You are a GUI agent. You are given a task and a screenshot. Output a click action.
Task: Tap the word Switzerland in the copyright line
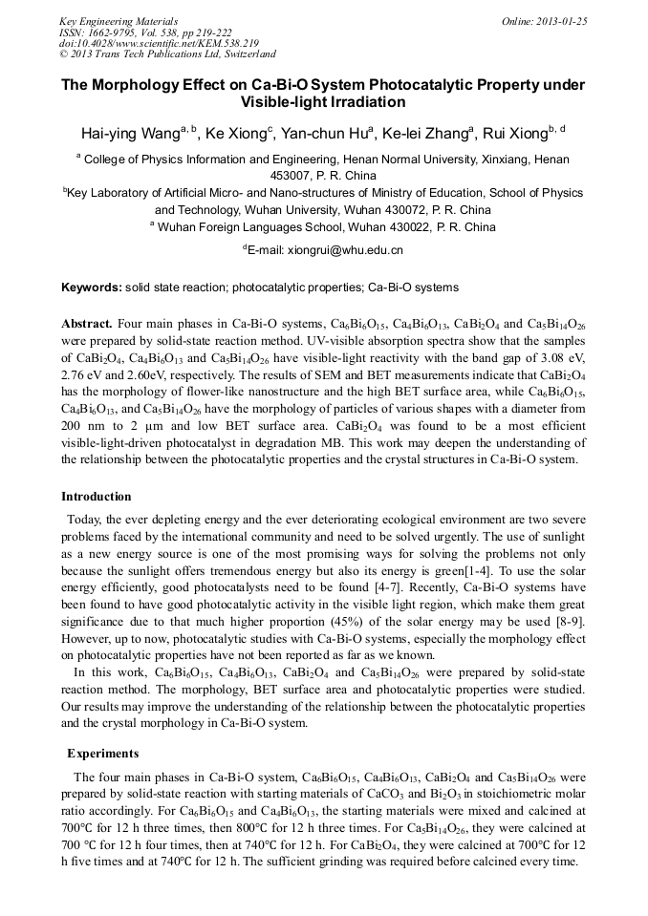[244, 54]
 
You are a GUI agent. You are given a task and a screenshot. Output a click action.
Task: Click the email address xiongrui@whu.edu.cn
[332, 250]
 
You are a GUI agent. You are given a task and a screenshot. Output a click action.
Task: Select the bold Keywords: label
[92, 288]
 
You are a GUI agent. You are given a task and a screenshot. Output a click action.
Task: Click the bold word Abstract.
[88, 325]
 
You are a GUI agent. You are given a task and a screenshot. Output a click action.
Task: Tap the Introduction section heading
[97, 497]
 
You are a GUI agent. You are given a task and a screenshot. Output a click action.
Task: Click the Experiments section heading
[103, 753]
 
